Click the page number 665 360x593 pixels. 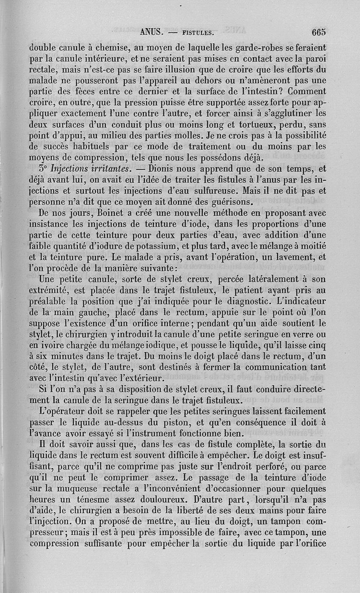tap(318, 32)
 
